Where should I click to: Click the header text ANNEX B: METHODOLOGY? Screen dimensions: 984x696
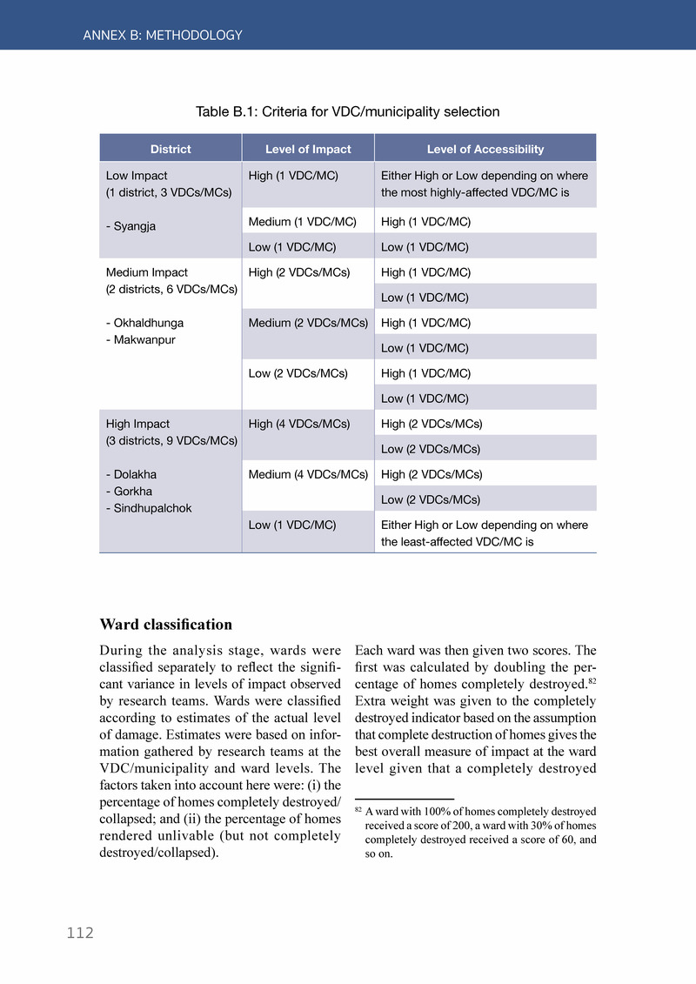(163, 36)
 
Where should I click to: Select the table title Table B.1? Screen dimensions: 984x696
(347, 111)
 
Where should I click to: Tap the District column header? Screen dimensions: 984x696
(171, 149)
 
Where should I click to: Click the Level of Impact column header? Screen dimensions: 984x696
(308, 149)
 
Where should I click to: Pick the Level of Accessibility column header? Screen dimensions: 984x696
(485, 149)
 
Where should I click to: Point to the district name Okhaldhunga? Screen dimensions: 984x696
(148, 323)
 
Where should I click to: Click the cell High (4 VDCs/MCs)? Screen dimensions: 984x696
(299, 424)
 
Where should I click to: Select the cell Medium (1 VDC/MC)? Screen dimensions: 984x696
(303, 221)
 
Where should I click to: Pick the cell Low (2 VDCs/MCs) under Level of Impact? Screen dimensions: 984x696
(298, 373)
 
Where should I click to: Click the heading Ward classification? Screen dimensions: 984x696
(166, 625)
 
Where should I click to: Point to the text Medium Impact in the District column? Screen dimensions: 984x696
(146, 272)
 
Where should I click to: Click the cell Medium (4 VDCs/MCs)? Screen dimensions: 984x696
(308, 474)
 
